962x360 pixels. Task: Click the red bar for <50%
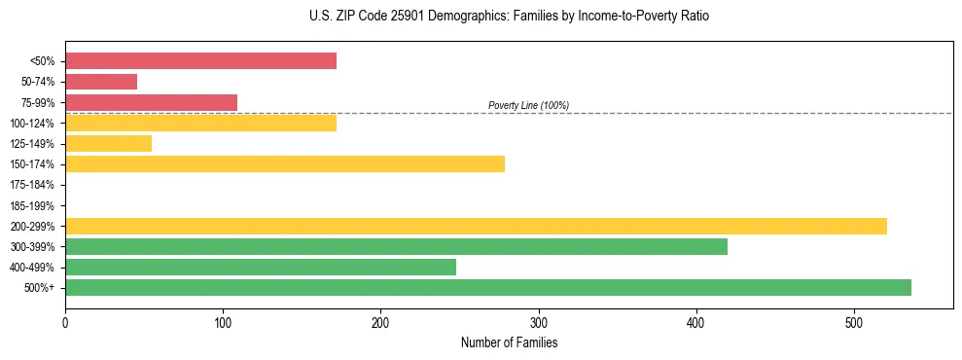point(200,61)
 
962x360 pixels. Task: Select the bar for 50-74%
point(101,82)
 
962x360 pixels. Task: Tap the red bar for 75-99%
point(151,102)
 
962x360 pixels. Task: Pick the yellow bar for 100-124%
point(200,123)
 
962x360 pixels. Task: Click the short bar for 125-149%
point(108,143)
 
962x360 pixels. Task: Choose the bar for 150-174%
point(284,163)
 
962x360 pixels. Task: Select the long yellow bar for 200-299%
point(476,226)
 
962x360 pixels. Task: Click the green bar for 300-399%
point(396,246)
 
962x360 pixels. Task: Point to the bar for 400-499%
point(260,267)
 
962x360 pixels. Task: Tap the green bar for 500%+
point(487,287)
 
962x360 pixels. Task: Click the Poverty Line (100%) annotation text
point(528,105)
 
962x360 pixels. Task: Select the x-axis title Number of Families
point(509,342)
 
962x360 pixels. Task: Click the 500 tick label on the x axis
point(854,321)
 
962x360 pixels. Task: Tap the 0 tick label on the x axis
point(65,321)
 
